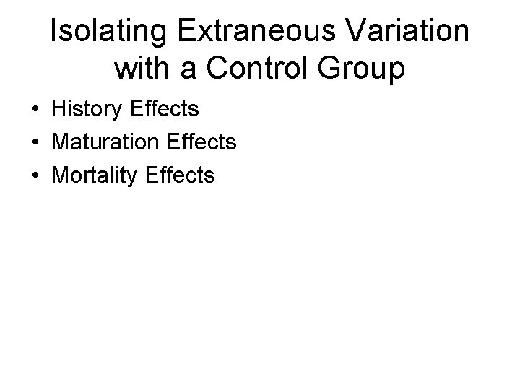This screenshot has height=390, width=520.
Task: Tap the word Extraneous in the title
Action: point(250,33)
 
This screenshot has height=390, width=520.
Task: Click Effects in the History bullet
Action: point(166,110)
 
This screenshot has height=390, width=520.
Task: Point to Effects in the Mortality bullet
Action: point(180,175)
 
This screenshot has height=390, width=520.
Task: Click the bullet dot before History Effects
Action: point(35,110)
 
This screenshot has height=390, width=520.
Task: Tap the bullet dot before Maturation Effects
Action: point(35,143)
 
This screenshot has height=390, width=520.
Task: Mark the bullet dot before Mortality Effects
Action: point(35,175)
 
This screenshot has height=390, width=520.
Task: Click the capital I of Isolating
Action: point(53,33)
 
